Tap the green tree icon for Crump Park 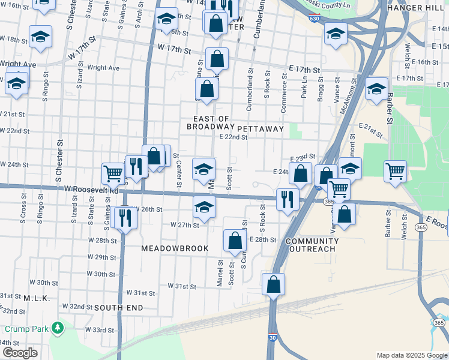click(58, 328)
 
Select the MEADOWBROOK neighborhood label click(175, 248)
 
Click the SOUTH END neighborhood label click(118, 307)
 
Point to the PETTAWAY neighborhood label click(260, 128)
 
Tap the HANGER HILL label click(418, 8)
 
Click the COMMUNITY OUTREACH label click(312, 245)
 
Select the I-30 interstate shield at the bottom click(273, 339)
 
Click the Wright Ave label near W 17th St click(103, 68)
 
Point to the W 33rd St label click(99, 329)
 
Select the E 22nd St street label click(234, 137)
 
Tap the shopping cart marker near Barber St click(394, 171)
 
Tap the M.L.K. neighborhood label click(36, 298)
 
